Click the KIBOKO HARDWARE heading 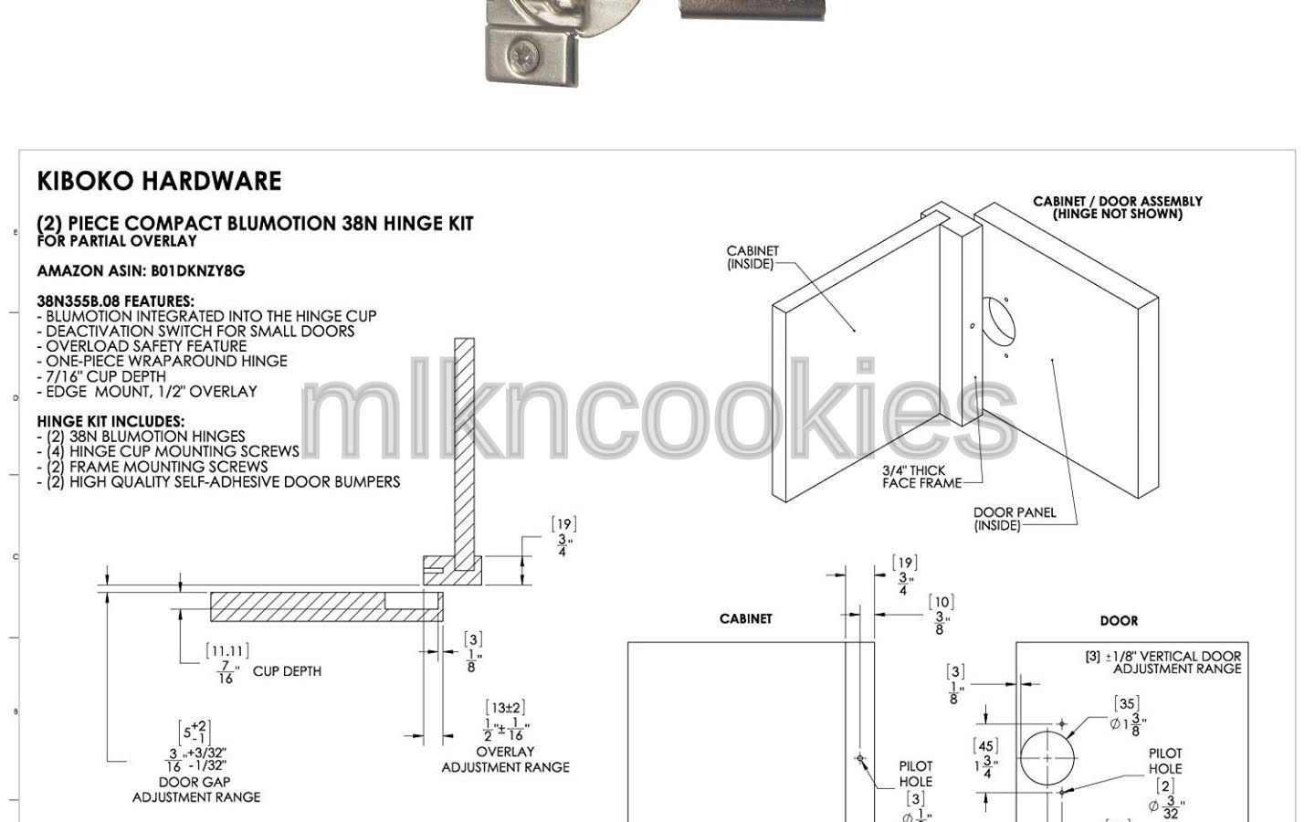coord(159,181)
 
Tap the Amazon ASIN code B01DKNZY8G coord(198,270)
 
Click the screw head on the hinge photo coord(522,58)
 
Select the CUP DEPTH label coord(287,671)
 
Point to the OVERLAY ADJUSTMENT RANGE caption coord(506,759)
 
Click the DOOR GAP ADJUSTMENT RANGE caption coord(196,790)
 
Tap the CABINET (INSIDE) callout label coord(752,258)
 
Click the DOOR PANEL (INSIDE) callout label coord(1015,519)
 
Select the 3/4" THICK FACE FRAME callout coord(921,477)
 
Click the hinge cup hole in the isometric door coord(1000,321)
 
